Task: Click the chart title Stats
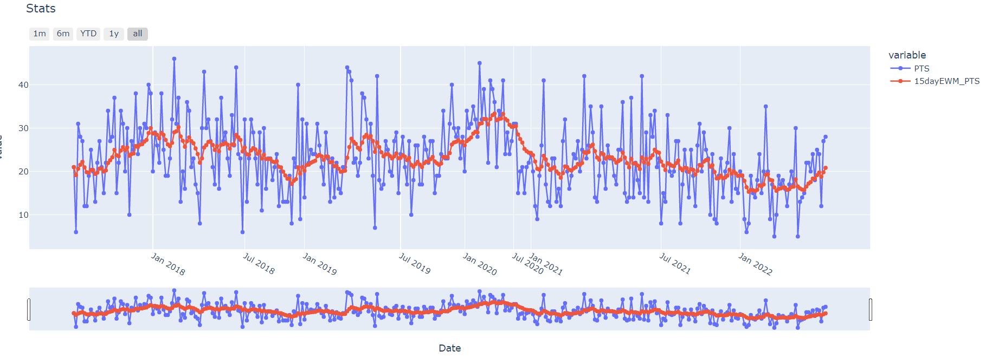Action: click(x=41, y=9)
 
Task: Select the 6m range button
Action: click(x=63, y=34)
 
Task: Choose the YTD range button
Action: click(x=88, y=34)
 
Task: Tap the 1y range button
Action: click(x=114, y=34)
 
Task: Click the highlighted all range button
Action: click(x=138, y=34)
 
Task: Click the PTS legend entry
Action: click(x=922, y=68)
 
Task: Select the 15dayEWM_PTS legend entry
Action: click(x=946, y=81)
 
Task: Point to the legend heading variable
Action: click(x=907, y=55)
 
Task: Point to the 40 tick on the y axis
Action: click(x=23, y=85)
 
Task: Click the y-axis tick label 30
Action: click(x=23, y=128)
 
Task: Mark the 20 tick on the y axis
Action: click(x=23, y=172)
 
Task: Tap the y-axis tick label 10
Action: click(x=23, y=215)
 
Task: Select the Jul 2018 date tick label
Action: click(x=259, y=263)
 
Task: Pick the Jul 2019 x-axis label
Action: click(x=415, y=263)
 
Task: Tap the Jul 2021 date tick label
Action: click(x=675, y=263)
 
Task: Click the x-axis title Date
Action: click(x=449, y=348)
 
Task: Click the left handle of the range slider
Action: click(x=29, y=309)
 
